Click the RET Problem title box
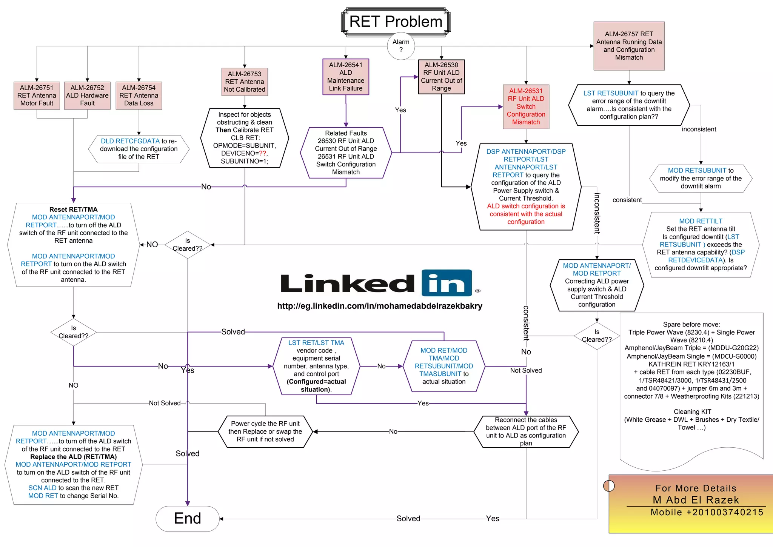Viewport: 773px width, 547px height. [396, 22]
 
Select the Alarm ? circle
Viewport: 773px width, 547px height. [401, 46]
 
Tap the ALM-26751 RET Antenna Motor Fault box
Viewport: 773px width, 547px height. [37, 96]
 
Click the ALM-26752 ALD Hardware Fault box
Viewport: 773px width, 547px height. [87, 96]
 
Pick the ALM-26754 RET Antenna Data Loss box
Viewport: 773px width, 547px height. [139, 96]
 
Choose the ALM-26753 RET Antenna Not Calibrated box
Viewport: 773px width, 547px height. [245, 82]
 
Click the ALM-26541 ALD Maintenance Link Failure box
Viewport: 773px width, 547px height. [346, 77]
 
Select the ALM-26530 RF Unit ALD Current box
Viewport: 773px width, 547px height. [441, 77]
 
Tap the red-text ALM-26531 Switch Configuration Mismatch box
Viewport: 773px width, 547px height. [526, 106]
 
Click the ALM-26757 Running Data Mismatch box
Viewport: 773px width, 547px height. [629, 46]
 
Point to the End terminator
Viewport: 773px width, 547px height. [188, 518]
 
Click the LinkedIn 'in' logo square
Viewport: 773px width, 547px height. [447, 283]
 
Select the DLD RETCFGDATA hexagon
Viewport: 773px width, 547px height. [139, 149]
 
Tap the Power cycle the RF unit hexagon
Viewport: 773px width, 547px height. [265, 431]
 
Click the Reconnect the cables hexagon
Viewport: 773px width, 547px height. [526, 431]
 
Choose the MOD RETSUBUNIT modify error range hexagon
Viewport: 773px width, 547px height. [701, 178]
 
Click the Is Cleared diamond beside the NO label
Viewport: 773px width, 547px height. [188, 245]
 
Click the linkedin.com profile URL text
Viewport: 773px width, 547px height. [380, 306]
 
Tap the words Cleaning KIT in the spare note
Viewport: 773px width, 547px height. [692, 411]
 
